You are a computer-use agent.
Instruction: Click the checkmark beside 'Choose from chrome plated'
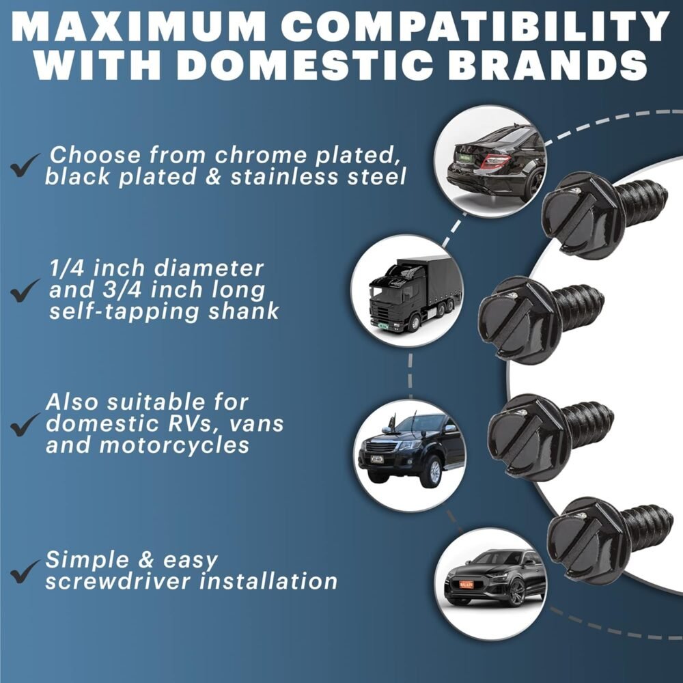(x=25, y=167)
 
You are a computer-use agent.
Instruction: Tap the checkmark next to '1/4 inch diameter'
(x=25, y=292)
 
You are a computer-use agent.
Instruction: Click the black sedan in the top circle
(x=496, y=161)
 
